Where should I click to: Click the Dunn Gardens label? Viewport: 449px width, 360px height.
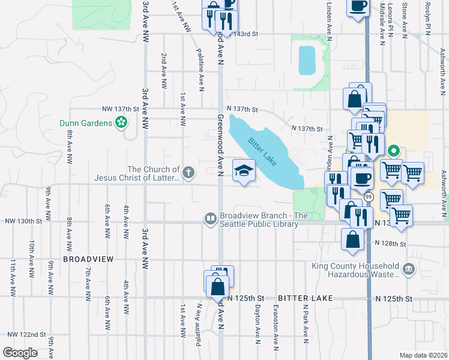(85, 123)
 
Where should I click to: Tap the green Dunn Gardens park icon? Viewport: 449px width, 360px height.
(121, 123)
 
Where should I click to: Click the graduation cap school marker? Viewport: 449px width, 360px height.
(244, 171)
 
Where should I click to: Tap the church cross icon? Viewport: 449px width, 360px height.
(188, 173)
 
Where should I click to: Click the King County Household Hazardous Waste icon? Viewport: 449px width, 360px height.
(408, 268)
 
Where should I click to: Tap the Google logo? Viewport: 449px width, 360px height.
(20, 353)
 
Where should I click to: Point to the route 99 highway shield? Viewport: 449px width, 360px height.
(368, 197)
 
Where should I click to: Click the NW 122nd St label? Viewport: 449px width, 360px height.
(26, 334)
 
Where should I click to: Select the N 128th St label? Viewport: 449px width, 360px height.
(390, 244)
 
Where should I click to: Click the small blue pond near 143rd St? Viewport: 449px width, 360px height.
(306, 60)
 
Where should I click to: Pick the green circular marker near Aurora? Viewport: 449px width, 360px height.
(394, 151)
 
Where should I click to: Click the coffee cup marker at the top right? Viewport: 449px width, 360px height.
(358, 6)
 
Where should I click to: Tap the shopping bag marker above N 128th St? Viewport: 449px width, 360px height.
(352, 239)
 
